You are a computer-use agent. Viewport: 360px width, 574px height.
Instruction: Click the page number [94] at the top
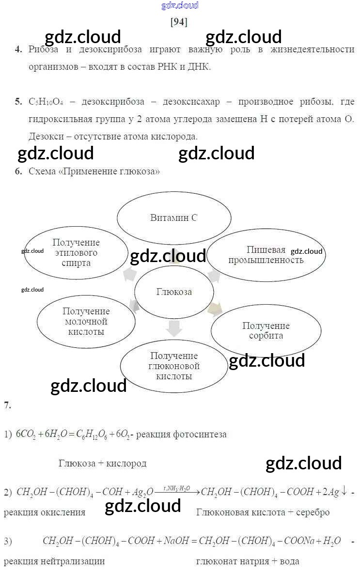(x=179, y=22)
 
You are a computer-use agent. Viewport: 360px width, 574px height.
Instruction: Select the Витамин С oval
(x=173, y=218)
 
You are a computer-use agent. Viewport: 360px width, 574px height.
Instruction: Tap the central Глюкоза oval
(x=174, y=292)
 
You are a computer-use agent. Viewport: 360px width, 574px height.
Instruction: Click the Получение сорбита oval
(x=266, y=330)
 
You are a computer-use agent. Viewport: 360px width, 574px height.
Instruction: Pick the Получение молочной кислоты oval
(x=86, y=322)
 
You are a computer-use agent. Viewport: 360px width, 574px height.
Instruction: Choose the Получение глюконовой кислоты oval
(x=174, y=366)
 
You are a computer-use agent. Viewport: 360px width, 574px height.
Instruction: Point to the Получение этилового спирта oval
(x=76, y=253)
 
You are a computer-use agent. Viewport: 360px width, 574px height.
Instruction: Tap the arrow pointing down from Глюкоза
(x=173, y=328)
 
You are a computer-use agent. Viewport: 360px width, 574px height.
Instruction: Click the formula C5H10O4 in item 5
(x=46, y=102)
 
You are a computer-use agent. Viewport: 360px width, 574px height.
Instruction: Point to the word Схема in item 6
(x=42, y=171)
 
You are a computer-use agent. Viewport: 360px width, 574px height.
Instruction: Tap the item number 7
(x=7, y=405)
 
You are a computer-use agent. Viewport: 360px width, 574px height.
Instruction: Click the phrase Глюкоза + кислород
(x=102, y=463)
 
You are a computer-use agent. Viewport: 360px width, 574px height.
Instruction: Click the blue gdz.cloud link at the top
(x=179, y=6)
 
